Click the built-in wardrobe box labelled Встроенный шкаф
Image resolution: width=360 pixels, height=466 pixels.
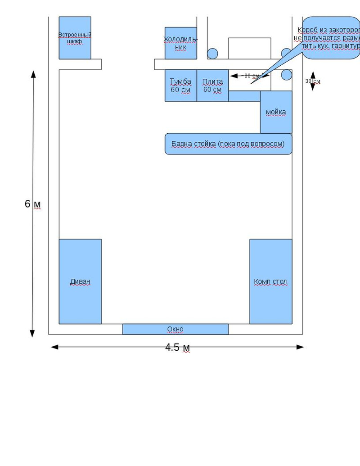(75, 38)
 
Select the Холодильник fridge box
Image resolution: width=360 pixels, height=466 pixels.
(180, 43)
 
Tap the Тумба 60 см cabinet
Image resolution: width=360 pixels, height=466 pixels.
(180, 86)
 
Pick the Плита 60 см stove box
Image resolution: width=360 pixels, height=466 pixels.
(212, 86)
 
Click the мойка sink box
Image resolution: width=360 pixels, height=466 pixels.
(276, 112)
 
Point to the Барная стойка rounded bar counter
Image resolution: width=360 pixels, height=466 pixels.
(228, 144)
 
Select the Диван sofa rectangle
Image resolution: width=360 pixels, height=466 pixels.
(80, 281)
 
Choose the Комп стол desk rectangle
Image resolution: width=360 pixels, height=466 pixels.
(270, 281)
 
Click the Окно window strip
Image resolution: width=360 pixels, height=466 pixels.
(175, 329)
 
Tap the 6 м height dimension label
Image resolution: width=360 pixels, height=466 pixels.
(32, 204)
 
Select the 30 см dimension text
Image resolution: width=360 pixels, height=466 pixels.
(313, 81)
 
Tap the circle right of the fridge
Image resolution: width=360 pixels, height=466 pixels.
(212, 54)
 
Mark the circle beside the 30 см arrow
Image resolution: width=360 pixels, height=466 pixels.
(287, 75)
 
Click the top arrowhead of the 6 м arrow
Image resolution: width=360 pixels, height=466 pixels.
(32, 73)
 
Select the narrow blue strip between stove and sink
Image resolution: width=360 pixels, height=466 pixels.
(244, 96)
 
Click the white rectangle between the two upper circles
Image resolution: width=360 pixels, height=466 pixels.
(249, 48)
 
